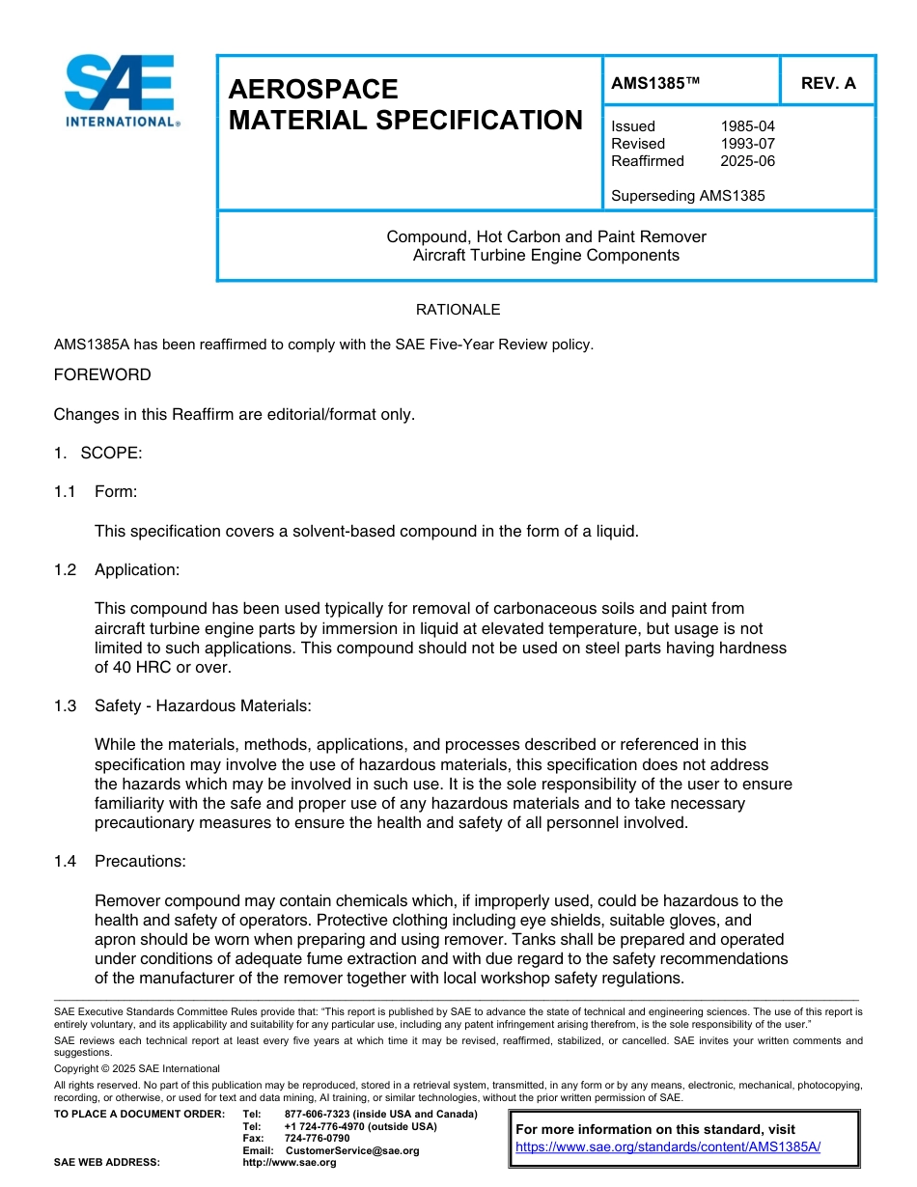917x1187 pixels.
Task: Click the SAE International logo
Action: click(120, 90)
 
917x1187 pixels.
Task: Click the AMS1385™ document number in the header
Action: click(655, 83)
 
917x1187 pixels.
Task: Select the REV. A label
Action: click(828, 83)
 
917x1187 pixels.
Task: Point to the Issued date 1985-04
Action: click(747, 126)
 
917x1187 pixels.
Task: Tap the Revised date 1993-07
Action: click(747, 144)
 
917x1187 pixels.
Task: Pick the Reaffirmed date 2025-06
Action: click(747, 161)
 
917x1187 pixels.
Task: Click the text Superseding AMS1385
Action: click(687, 196)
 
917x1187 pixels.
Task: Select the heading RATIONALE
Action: click(458, 310)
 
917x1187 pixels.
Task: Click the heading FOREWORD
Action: click(102, 374)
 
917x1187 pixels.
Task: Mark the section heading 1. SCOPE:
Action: click(97, 454)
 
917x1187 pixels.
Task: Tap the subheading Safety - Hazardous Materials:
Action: click(203, 705)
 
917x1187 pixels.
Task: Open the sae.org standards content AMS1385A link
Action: click(668, 1146)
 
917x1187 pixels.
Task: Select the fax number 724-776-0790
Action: click(317, 1139)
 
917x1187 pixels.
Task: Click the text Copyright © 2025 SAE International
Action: click(137, 1068)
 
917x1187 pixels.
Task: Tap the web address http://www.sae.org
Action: click(289, 1163)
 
